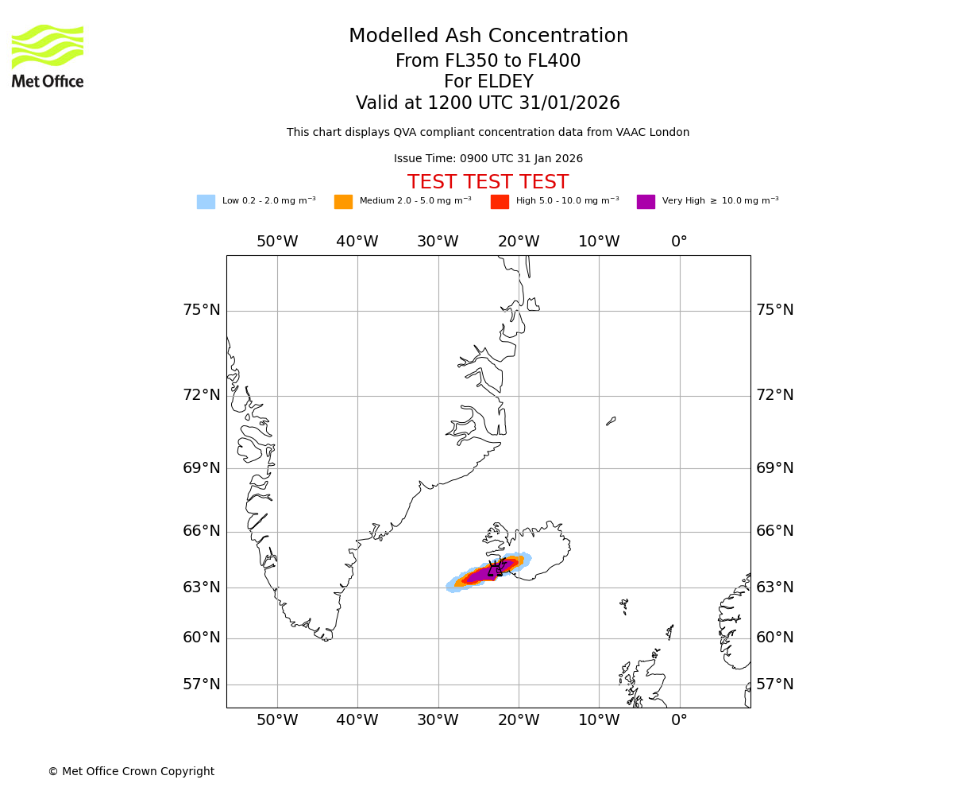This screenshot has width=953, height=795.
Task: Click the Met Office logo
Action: pos(48,56)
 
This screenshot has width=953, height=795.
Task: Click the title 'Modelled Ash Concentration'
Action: pos(488,37)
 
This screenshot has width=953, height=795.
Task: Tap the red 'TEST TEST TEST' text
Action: pos(488,182)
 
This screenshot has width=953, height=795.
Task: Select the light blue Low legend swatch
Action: pos(206,202)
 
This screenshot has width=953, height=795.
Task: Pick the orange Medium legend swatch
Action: pos(343,202)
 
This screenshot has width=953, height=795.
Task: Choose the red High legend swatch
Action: pos(500,202)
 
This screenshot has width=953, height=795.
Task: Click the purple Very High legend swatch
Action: pos(646,202)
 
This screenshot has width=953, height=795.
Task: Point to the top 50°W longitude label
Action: pos(277,242)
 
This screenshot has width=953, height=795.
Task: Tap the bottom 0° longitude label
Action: pos(679,720)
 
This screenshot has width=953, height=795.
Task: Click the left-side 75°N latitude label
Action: pos(202,310)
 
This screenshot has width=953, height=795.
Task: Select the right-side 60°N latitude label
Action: pos(774,638)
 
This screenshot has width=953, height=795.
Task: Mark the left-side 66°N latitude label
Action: pos(202,531)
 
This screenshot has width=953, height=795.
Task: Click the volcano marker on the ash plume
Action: pos(495,568)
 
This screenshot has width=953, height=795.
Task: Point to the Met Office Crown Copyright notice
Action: pos(131,771)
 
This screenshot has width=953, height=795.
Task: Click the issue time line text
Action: pos(488,159)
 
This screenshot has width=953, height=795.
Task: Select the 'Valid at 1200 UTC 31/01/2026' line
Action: pos(488,103)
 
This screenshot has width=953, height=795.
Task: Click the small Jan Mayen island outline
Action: pos(611,421)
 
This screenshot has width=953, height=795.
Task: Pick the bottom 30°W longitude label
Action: pos(438,720)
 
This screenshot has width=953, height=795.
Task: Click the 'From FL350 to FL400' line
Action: pos(488,61)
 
